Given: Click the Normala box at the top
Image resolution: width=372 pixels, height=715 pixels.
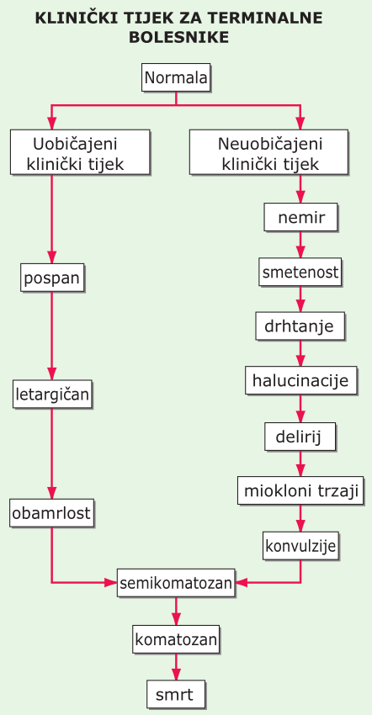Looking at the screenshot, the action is (x=176, y=77).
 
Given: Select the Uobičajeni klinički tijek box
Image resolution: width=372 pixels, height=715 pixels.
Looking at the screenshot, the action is (x=80, y=152).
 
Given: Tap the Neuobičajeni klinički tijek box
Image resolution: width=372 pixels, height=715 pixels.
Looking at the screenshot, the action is (x=268, y=152).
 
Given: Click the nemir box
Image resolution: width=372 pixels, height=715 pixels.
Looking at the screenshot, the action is (x=300, y=217).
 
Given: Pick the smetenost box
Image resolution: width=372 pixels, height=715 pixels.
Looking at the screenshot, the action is (x=300, y=272).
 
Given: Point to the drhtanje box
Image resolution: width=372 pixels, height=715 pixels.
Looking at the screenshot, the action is (x=300, y=326).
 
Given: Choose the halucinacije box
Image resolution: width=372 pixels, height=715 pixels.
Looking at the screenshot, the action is (x=300, y=380).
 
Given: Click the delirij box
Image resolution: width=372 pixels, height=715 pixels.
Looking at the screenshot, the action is (x=300, y=437).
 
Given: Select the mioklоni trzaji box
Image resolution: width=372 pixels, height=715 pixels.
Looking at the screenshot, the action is (x=300, y=490).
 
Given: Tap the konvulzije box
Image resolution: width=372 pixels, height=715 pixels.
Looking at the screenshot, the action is (x=300, y=545).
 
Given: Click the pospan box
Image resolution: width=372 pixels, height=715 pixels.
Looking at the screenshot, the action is (x=52, y=278).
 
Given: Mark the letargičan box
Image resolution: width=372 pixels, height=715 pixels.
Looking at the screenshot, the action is (x=52, y=394).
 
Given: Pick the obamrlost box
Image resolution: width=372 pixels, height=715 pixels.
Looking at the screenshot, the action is (x=51, y=513).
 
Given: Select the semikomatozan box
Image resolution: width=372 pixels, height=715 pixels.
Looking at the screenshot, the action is (x=176, y=582).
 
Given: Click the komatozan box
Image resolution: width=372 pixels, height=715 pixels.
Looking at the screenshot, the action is (x=176, y=639).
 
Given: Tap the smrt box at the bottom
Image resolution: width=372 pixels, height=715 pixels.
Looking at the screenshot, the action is (x=176, y=694).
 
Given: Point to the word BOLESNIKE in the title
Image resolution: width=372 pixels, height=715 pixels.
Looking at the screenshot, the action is (x=179, y=37).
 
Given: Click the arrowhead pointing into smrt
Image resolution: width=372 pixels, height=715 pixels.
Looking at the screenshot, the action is (x=176, y=675).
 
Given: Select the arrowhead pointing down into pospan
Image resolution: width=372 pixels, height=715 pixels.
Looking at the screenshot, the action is (x=51, y=257).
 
